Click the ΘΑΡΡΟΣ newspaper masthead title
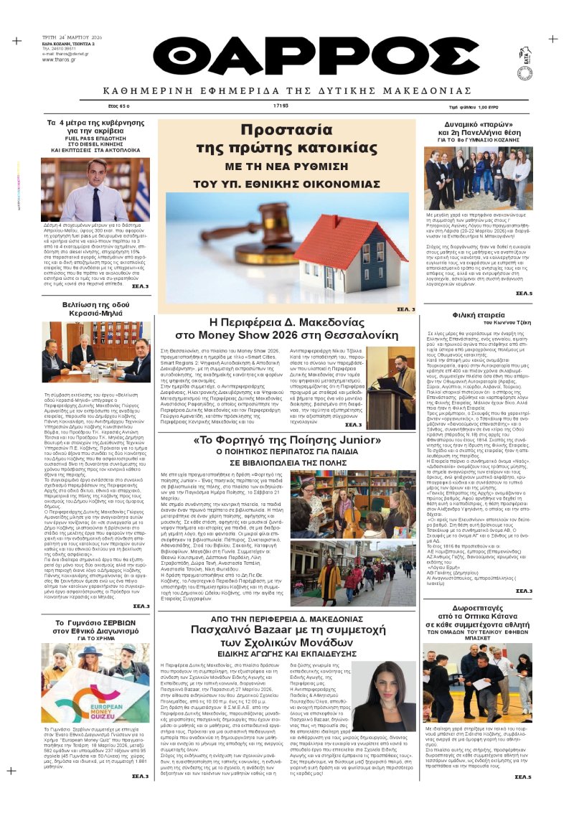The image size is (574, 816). tap(287, 60)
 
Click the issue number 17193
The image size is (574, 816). tap(281, 105)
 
